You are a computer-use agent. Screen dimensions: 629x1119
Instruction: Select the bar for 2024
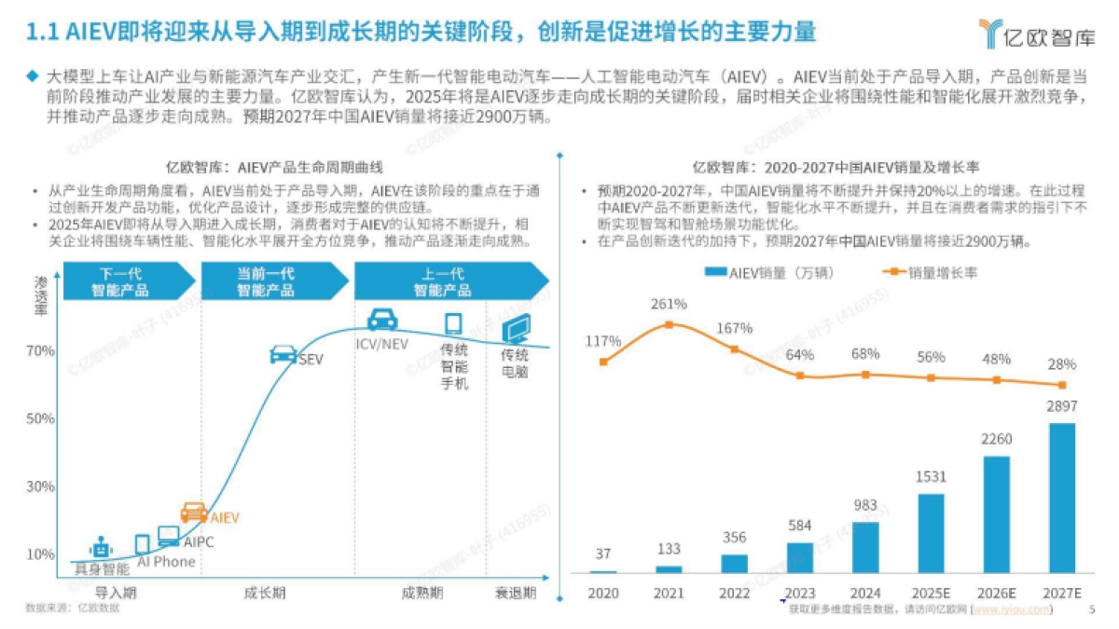click(x=865, y=548)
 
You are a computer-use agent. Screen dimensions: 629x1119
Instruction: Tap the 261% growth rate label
click(x=670, y=304)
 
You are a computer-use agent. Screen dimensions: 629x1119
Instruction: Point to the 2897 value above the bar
click(x=1061, y=408)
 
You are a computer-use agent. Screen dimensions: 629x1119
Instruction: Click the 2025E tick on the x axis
click(x=931, y=593)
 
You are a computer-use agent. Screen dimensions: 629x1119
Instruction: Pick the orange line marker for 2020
click(x=604, y=362)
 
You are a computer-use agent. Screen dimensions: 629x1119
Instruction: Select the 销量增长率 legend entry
click(x=929, y=273)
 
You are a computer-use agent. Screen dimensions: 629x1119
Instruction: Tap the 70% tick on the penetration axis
click(x=40, y=351)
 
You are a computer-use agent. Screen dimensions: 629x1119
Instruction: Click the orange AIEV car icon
click(x=194, y=512)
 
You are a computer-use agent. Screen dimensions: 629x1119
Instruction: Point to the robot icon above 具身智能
click(x=100, y=547)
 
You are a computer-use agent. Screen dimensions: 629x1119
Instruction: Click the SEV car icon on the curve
click(x=283, y=354)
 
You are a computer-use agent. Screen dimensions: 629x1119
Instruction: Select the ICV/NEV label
click(x=382, y=344)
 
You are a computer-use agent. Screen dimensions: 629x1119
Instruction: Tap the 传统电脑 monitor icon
click(x=516, y=328)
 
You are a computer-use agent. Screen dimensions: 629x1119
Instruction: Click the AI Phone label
click(x=166, y=561)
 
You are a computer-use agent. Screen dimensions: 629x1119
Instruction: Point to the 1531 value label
click(x=931, y=476)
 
